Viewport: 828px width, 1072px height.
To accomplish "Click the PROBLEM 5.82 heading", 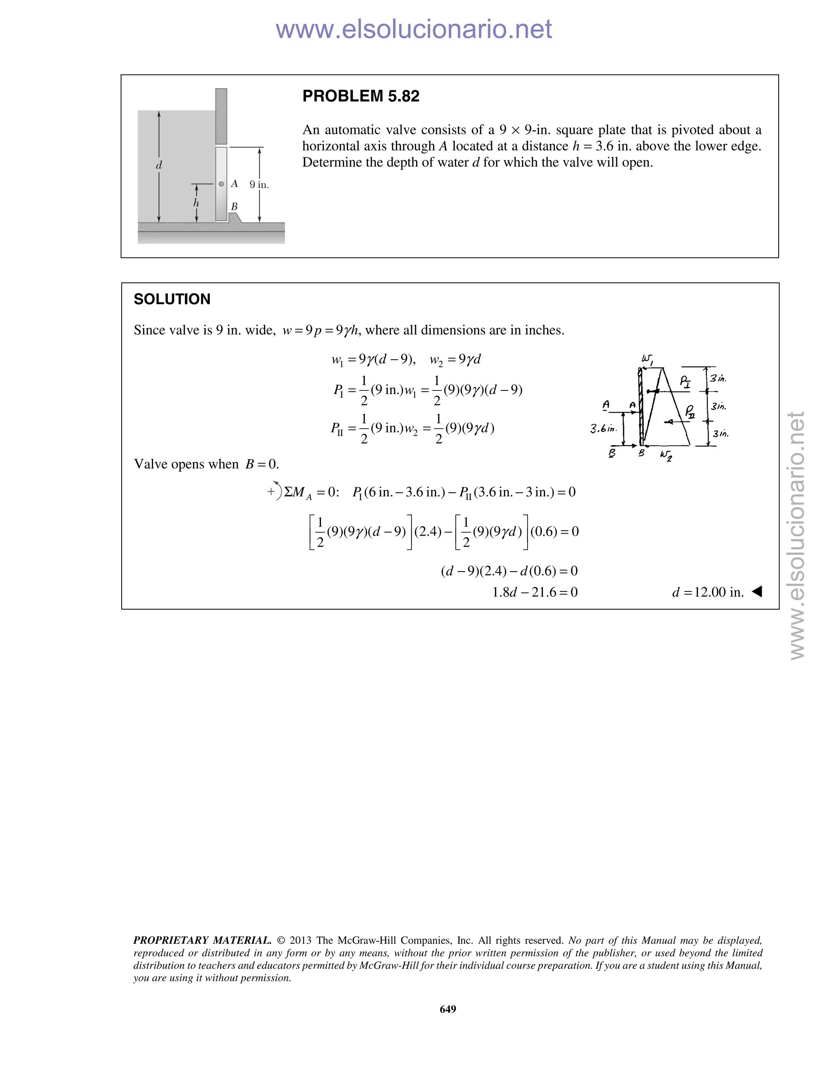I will [361, 96].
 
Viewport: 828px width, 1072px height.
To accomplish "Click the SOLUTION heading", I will [172, 299].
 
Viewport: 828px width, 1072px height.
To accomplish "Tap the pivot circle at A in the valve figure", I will [221, 184].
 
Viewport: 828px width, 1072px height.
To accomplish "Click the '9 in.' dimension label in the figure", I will [259, 185].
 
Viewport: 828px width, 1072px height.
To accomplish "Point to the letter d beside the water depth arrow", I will [159, 165].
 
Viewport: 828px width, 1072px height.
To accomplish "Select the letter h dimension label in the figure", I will [196, 203].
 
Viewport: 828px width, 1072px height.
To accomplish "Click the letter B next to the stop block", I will [234, 207].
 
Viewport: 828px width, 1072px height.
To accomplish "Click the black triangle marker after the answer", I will [757, 591].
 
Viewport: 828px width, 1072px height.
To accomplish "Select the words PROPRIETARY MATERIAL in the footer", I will [202, 941].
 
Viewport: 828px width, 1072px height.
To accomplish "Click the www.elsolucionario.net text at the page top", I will [414, 30].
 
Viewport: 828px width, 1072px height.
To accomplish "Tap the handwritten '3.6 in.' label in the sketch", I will [603, 429].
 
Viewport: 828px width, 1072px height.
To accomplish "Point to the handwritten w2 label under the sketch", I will [665, 455].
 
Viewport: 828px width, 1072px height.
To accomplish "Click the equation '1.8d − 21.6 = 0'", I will [534, 593].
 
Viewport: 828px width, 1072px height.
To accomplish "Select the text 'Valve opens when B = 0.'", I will [207, 464].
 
